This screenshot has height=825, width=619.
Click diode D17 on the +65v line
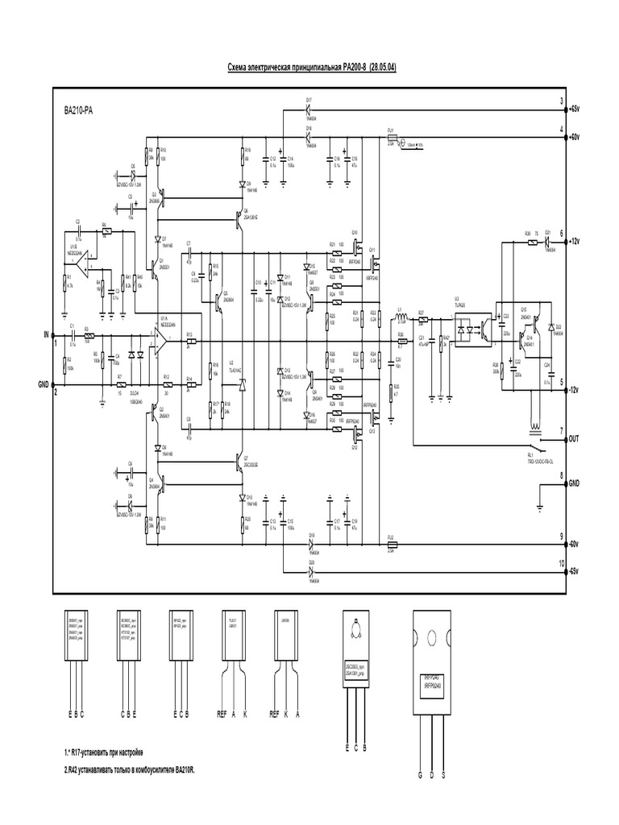309,107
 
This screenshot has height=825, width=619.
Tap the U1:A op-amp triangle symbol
164,335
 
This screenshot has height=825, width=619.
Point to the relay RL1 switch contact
535,442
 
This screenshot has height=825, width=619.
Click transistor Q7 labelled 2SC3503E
241,460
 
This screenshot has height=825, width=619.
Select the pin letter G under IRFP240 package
420,776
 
